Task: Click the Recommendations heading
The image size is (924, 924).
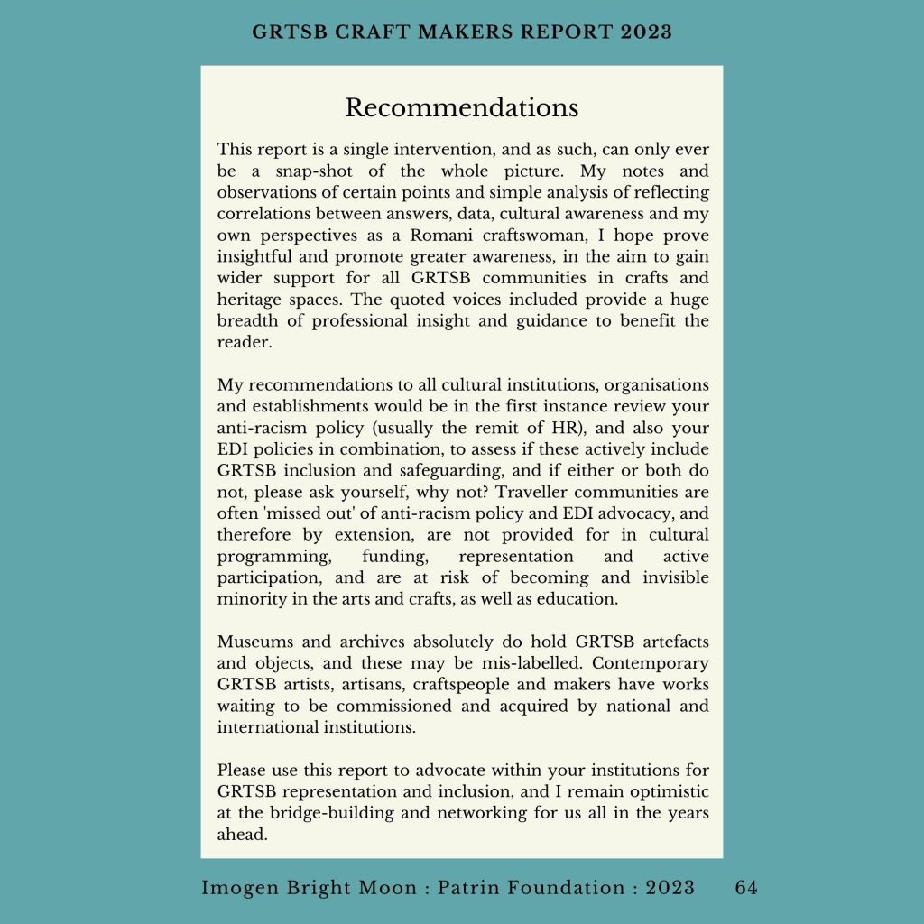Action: point(461,107)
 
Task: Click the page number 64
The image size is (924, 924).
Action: point(746,887)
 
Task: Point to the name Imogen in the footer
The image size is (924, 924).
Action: point(237,887)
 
